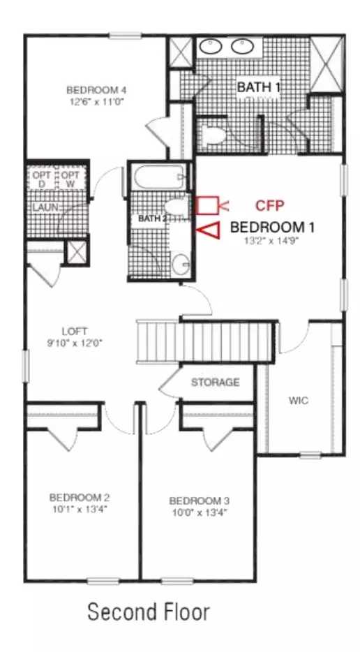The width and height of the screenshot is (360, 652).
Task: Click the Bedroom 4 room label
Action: click(x=96, y=89)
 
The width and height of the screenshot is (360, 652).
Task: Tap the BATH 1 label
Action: click(x=258, y=87)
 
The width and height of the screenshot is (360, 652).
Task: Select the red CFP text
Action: click(x=269, y=205)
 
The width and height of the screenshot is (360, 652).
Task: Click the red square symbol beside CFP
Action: click(x=207, y=205)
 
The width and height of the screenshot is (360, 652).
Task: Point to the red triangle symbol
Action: click(x=209, y=231)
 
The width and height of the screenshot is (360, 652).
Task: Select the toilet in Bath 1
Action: click(x=212, y=135)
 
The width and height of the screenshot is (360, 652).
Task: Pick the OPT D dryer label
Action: click(x=42, y=179)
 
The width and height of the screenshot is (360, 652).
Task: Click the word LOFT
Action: click(x=75, y=332)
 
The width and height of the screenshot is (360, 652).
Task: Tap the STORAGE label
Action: click(x=215, y=382)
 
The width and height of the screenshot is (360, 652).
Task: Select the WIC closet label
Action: click(x=299, y=401)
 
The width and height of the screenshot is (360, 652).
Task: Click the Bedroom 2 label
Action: click(x=80, y=497)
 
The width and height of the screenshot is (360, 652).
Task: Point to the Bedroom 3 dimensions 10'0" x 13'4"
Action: click(x=199, y=512)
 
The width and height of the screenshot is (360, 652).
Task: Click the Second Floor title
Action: click(x=149, y=612)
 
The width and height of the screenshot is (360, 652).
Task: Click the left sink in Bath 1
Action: click(x=210, y=47)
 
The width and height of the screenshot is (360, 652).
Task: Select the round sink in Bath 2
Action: click(x=181, y=263)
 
